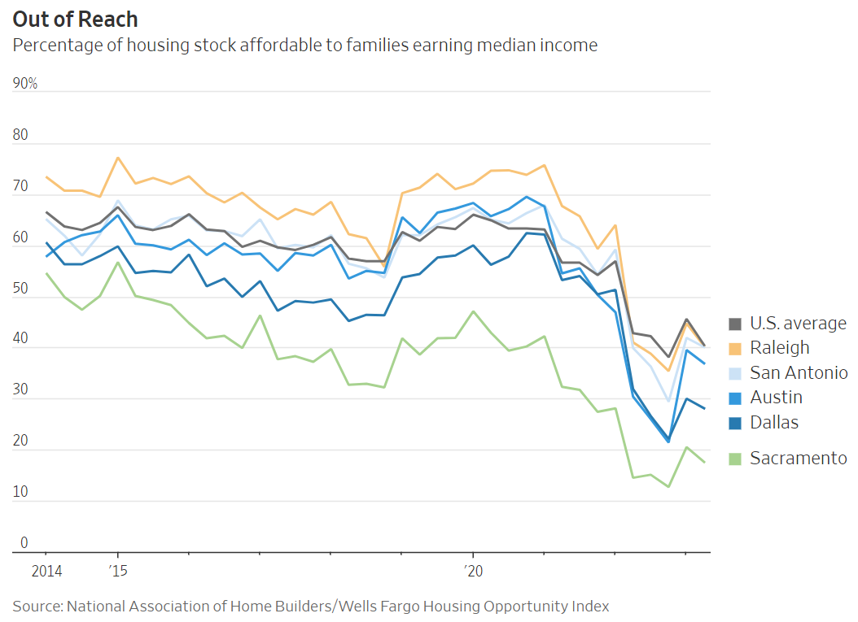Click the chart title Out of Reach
coord(75,19)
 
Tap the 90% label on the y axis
coord(24,85)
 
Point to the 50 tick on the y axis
coord(20,289)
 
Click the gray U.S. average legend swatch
coord(735,323)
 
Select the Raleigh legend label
coord(780,347)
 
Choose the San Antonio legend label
coord(799,372)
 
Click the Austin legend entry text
coord(776,397)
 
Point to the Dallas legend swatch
coord(735,422)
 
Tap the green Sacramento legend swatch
coord(735,459)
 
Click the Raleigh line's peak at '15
coord(118,158)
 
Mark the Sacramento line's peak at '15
coord(118,262)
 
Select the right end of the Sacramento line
coord(704,462)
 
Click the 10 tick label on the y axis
coord(20,492)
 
